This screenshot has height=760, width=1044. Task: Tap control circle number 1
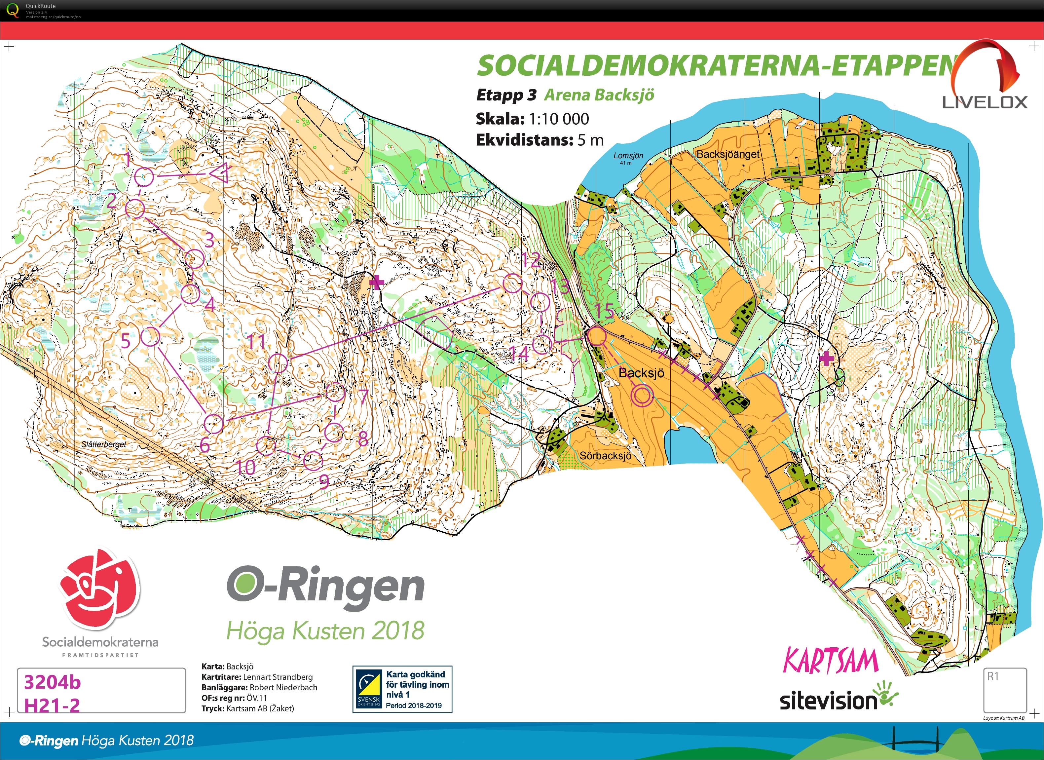(144, 176)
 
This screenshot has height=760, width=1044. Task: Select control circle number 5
(150, 336)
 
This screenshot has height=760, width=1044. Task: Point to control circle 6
(213, 423)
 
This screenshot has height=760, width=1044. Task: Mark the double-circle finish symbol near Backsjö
(642, 396)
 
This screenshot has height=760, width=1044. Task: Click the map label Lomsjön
(628, 156)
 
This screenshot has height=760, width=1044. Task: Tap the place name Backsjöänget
(728, 154)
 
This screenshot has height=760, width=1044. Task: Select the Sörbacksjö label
(605, 456)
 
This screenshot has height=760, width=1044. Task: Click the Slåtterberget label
(103, 444)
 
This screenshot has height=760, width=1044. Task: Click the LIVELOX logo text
(985, 102)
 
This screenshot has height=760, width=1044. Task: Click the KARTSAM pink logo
(831, 661)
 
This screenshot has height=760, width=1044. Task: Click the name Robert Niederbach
(283, 687)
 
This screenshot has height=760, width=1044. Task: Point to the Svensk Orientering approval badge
(402, 689)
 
